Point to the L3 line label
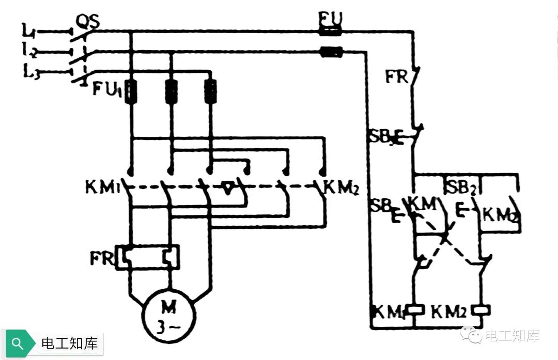pos(30,73)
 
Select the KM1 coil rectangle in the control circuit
pos(415,310)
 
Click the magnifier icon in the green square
pos(17,343)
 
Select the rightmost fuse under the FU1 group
pos(210,90)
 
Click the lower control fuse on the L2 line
pos(331,51)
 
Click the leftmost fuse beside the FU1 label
pos(131,90)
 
